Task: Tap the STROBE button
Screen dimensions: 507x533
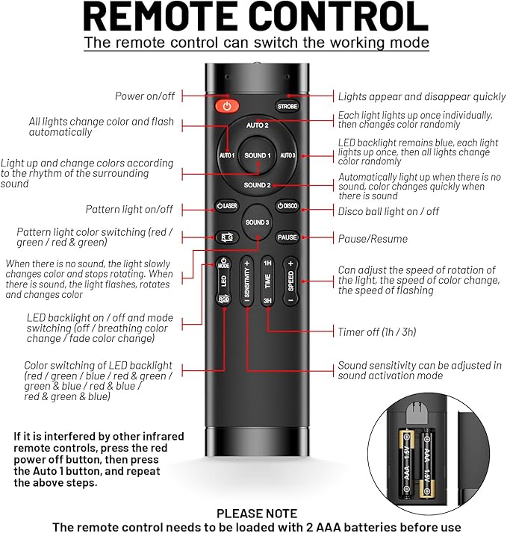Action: [x=287, y=107]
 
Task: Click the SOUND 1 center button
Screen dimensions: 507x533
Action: [x=258, y=155]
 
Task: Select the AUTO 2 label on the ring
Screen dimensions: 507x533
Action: [x=258, y=125]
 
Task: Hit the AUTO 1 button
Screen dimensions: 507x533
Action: [x=227, y=155]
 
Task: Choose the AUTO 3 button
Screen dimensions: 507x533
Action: [x=287, y=155]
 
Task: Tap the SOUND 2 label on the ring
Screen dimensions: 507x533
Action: [x=257, y=185]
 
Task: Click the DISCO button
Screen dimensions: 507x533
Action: [x=287, y=206]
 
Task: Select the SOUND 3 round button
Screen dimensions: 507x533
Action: [x=257, y=222]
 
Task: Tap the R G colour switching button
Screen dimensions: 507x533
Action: [x=227, y=237]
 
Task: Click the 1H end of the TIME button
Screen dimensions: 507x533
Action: [x=267, y=263]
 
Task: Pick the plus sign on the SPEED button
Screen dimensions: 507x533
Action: [x=290, y=264]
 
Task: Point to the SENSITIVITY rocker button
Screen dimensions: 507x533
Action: [x=247, y=281]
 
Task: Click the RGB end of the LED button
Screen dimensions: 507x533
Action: [x=223, y=299]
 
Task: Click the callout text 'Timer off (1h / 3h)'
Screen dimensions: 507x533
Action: [x=377, y=331]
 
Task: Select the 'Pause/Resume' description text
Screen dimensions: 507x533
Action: [x=373, y=239]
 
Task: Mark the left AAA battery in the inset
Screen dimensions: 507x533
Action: [x=407, y=464]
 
